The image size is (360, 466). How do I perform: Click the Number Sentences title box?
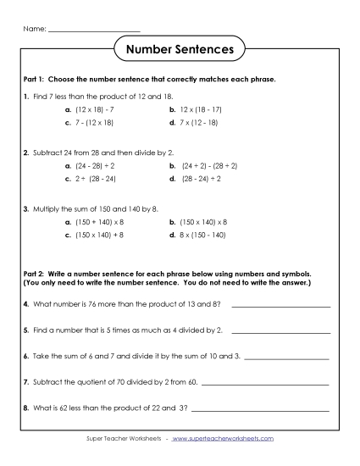point(180,50)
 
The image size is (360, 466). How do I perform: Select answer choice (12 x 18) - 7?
point(89,109)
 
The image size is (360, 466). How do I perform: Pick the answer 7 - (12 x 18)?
point(89,124)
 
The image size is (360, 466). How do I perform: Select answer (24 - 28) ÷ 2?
point(89,166)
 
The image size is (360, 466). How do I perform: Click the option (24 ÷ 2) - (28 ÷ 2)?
point(203,166)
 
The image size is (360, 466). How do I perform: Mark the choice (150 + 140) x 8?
point(92,221)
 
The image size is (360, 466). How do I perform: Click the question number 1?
point(26,96)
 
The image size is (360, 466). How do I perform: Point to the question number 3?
point(26,208)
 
